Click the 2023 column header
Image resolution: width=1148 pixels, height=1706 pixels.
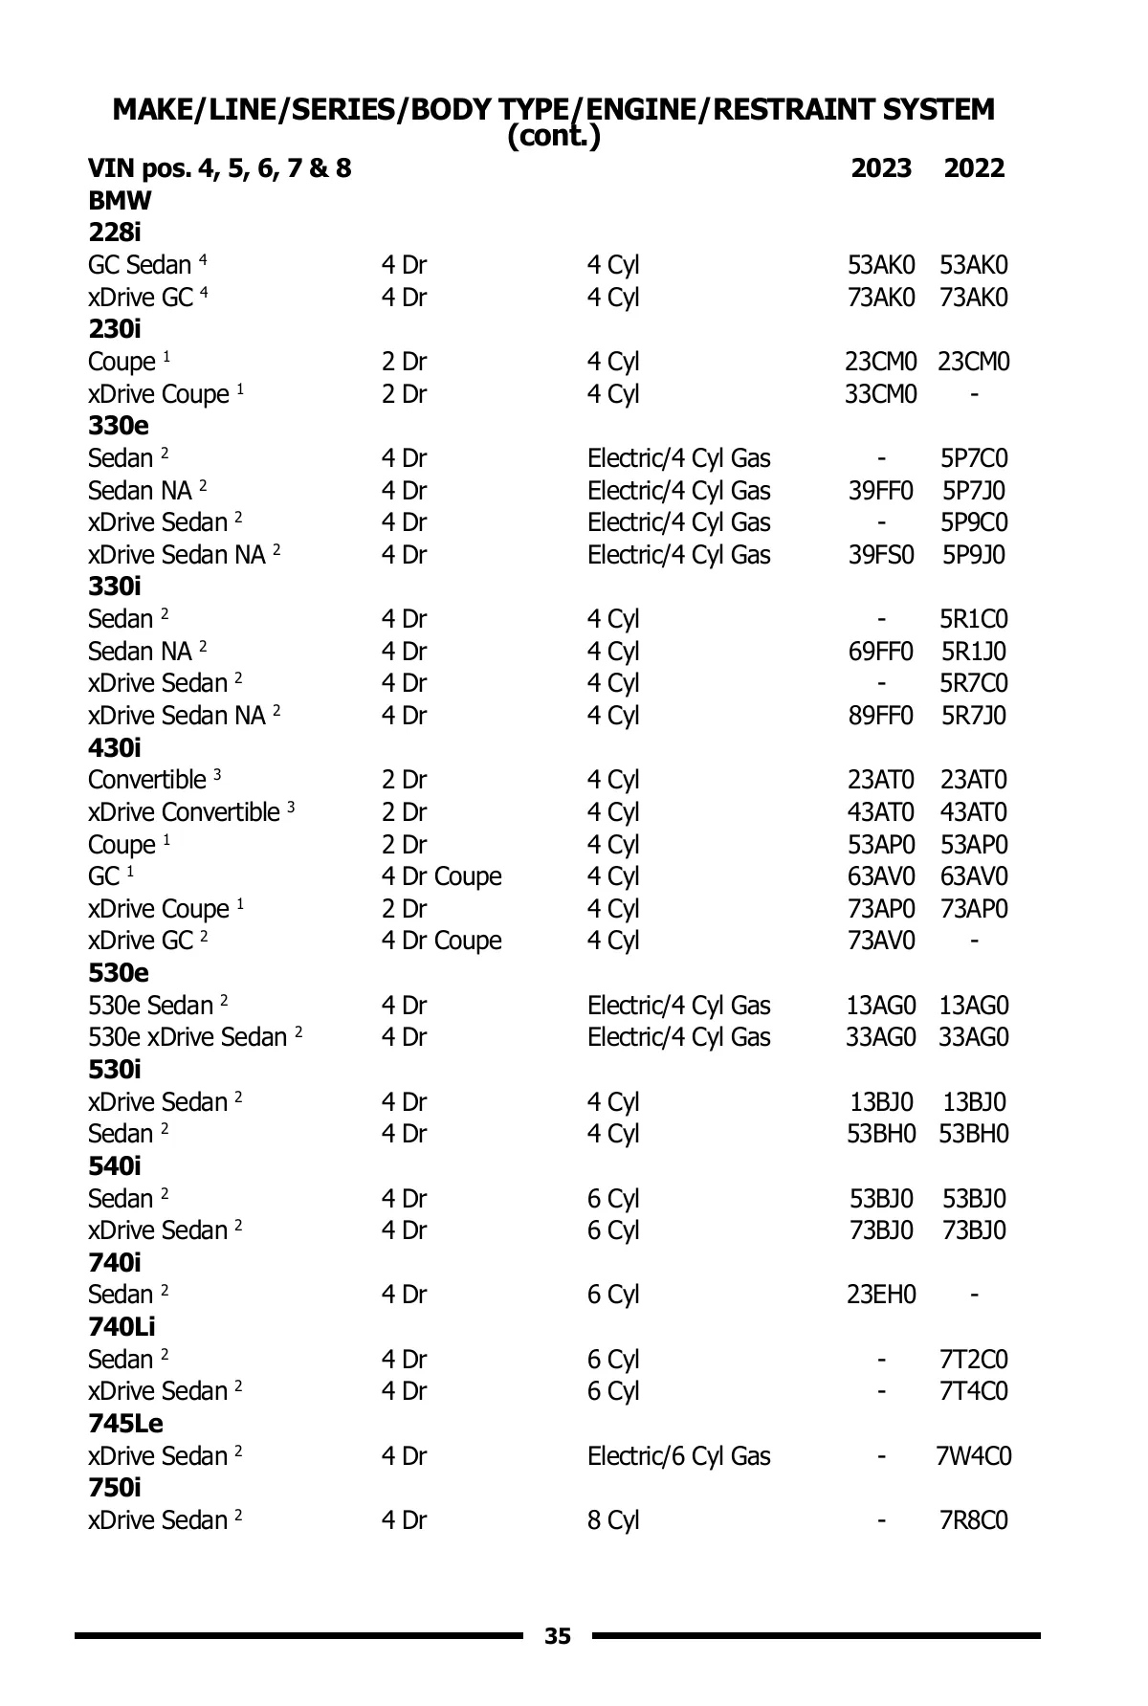[881, 169]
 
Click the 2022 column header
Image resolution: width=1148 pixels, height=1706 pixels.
[974, 169]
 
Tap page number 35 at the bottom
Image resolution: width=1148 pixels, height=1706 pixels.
[558, 1636]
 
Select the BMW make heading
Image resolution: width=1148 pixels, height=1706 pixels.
[120, 202]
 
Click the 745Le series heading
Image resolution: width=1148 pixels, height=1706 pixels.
[126, 1424]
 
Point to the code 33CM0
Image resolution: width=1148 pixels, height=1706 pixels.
[880, 394]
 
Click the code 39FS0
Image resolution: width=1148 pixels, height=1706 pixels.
[880, 555]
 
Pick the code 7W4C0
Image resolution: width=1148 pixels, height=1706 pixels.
[973, 1456]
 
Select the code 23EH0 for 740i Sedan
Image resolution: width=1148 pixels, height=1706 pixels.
[880, 1296]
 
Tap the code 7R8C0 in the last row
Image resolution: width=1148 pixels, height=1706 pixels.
[973, 1520]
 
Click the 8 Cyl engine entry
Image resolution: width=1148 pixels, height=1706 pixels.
[612, 1520]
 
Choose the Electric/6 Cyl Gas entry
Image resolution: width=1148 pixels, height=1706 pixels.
[678, 1456]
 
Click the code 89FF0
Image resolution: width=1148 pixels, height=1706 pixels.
[880, 716]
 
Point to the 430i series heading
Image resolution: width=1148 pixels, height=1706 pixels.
[115, 748]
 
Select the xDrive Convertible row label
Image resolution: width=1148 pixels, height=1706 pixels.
[185, 812]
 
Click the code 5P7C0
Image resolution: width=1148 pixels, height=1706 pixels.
[973, 458]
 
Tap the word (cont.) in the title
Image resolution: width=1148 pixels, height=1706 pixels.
[554, 137]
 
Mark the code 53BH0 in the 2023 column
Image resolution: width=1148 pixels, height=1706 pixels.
[880, 1134]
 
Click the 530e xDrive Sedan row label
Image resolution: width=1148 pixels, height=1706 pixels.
[188, 1037]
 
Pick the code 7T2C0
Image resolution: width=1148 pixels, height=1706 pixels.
[973, 1360]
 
